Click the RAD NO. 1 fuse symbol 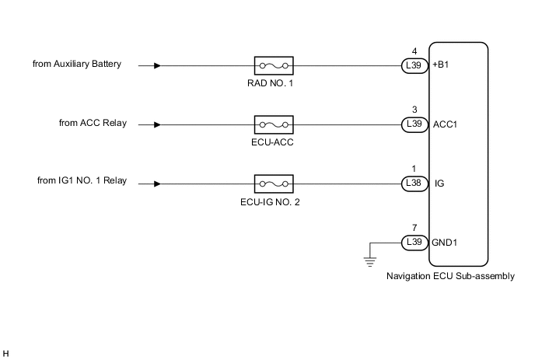[x=273, y=66]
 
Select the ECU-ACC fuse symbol [x=273, y=124]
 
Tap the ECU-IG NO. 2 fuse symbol [x=273, y=184]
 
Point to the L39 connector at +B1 [x=414, y=66]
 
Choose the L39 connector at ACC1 [x=414, y=124]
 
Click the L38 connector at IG [x=414, y=184]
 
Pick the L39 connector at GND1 [x=414, y=243]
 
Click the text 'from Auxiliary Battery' [x=77, y=65]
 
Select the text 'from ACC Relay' [x=93, y=123]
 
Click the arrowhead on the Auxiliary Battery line [x=158, y=66]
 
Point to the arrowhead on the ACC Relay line [x=158, y=124]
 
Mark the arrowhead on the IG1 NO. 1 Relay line [x=158, y=184]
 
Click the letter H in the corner [x=5, y=354]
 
